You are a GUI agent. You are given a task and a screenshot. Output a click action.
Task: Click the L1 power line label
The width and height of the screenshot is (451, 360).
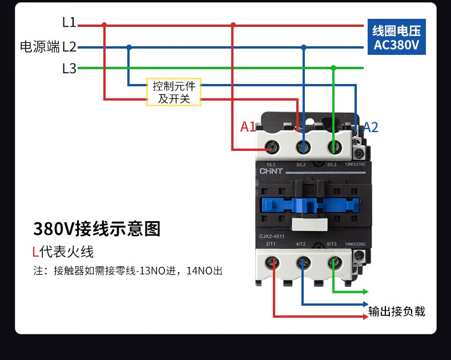coord(69,23)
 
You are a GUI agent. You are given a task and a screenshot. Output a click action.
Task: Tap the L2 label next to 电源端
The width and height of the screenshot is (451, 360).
coord(69,47)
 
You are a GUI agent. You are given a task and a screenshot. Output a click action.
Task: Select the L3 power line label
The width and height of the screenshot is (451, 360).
coord(69,69)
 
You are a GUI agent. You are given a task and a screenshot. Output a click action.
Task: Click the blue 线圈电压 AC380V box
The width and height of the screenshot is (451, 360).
coord(396,38)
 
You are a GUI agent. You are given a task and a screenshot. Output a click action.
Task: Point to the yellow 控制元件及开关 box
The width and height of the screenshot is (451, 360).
coord(174,92)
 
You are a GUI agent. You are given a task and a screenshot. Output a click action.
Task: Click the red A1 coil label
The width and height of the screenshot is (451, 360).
coord(248,127)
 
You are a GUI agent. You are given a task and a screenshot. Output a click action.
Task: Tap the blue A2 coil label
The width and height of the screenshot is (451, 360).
coord(371,127)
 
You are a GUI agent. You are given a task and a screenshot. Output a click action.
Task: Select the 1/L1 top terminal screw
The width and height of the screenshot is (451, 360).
coord(273,149)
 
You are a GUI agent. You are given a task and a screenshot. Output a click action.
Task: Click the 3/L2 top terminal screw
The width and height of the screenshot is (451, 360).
coord(304,149)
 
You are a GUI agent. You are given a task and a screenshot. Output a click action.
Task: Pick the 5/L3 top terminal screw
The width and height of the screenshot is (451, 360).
coord(334,149)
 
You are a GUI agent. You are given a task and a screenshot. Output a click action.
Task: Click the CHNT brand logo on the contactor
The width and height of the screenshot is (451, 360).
coord(272,171)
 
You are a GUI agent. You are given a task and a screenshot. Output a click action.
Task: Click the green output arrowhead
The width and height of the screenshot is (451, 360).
coord(364,293)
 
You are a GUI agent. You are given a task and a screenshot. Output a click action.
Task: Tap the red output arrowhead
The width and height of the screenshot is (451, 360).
coord(364,316)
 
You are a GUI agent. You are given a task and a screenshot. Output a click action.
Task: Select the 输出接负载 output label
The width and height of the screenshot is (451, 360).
coord(397,311)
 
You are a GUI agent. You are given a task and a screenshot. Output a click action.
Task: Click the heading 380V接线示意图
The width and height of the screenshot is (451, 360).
coord(96,229)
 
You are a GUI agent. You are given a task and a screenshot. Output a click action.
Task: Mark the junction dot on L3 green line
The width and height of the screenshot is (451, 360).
coord(334,68)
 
